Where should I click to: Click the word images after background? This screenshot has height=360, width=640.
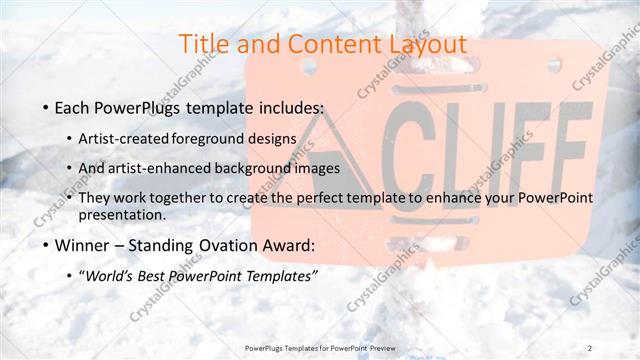pyautogui.click(x=317, y=168)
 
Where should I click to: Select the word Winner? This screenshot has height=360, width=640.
pyautogui.click(x=82, y=245)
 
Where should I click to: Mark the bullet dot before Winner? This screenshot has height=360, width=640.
pyautogui.click(x=45, y=245)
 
